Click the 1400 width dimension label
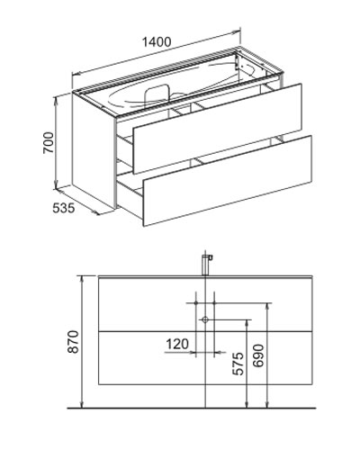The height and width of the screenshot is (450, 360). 157,42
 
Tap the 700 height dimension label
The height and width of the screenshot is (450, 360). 49,143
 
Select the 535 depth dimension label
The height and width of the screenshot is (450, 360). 63,208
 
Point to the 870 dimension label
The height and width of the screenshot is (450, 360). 73,342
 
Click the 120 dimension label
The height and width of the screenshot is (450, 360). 177,344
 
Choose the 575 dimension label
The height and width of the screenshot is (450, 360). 238,364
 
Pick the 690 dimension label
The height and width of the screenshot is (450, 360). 258,355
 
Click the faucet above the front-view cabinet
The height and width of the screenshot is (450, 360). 206,265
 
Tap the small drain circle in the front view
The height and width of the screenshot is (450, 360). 205,319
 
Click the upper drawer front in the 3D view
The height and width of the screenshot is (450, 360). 217,129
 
